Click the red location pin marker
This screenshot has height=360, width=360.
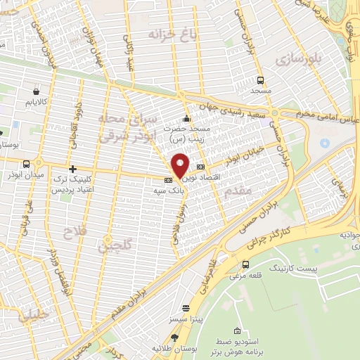pos(180,165)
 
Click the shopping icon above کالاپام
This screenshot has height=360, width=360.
pos(37,91)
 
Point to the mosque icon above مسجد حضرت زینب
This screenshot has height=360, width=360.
pos(186,118)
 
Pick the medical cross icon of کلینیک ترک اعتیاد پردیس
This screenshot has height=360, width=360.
pos(72,169)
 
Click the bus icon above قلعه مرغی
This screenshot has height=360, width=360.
pos(244,264)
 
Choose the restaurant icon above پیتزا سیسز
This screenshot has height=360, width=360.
pos(186,308)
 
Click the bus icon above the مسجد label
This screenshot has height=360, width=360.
pos(261,80)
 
